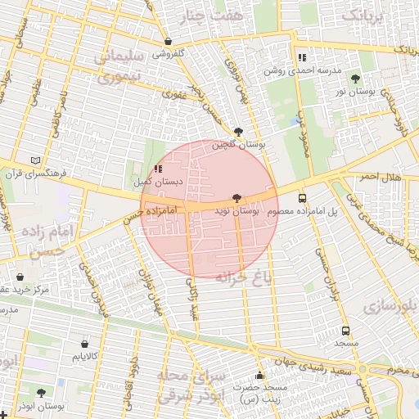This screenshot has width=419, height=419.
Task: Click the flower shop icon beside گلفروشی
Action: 168,42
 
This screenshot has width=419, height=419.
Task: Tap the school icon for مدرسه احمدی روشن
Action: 302,58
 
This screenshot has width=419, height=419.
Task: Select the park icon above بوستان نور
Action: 355,79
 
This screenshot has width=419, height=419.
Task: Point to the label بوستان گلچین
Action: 240,144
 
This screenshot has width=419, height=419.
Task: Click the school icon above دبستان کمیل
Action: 158,169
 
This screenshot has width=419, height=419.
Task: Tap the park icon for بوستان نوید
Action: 237,197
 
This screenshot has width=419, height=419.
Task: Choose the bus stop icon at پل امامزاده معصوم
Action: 302,198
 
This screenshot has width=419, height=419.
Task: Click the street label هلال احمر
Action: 380,177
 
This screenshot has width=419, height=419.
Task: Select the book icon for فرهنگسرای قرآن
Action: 34,160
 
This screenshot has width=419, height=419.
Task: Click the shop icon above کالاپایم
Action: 85,344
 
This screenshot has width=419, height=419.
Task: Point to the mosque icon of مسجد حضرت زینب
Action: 260,376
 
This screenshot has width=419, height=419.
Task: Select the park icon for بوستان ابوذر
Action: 41,394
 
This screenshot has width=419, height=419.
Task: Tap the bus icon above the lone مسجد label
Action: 345,331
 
